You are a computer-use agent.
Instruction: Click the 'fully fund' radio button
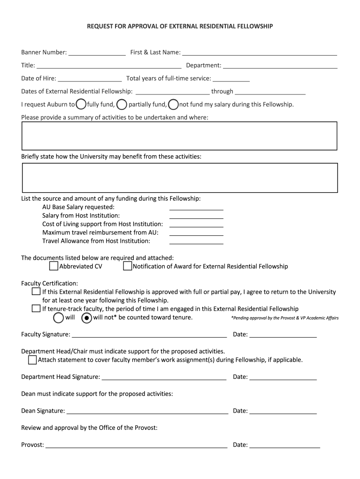(81, 104)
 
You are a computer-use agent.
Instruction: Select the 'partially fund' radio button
(122, 104)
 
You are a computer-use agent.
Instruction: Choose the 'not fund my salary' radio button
(173, 104)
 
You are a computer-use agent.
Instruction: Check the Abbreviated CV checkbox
(54, 266)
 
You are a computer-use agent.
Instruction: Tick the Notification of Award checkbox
(128, 266)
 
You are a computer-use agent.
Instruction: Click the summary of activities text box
(180, 136)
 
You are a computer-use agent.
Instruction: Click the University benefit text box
(180, 178)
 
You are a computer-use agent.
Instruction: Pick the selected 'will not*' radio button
(86, 318)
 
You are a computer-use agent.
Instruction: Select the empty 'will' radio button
(59, 318)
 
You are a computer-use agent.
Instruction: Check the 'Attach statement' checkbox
(32, 360)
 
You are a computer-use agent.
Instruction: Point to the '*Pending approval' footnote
(285, 318)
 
